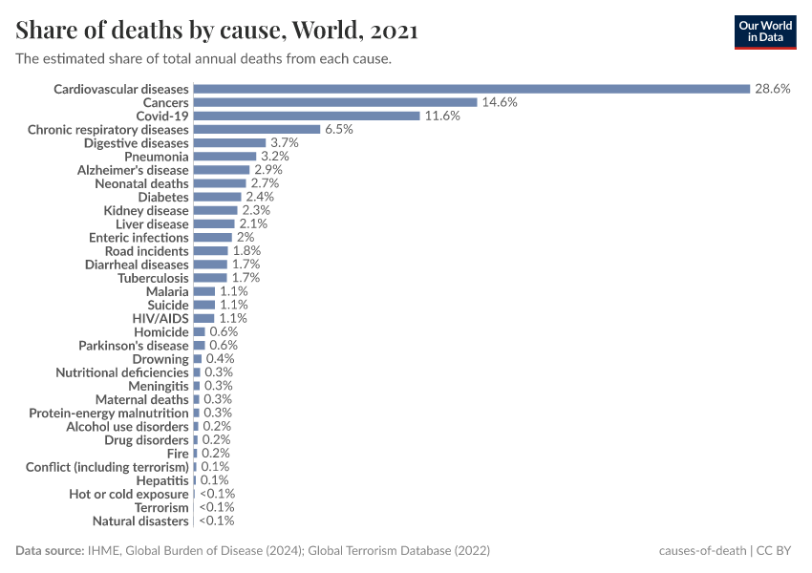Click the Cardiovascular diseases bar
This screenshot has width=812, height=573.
[471, 89]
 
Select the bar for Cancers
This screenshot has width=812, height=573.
[334, 102]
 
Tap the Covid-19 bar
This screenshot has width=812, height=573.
[306, 116]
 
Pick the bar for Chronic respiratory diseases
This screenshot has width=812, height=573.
[256, 129]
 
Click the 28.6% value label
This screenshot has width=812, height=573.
[772, 89]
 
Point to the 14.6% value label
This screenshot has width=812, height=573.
[499, 102]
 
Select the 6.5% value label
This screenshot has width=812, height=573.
[339, 129]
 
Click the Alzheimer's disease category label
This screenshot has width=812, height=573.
[133, 170]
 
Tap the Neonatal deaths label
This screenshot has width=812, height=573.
[141, 183]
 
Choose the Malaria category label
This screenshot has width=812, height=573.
[167, 291]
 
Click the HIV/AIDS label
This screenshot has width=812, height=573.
[160, 318]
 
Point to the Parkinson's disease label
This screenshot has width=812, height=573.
[134, 345]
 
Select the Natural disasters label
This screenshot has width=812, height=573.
[140, 521]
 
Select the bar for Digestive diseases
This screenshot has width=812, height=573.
[229, 142]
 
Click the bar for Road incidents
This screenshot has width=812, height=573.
[210, 250]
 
